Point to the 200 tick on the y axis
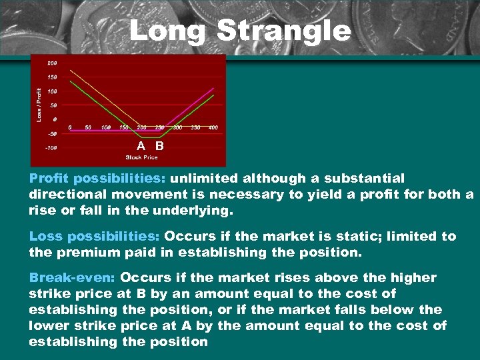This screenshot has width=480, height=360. tap(51, 63)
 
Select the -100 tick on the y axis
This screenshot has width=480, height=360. tap(50, 147)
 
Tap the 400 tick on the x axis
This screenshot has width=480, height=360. tap(213, 127)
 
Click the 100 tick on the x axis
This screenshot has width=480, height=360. tap(106, 127)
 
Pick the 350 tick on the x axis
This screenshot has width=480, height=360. tap(195, 127)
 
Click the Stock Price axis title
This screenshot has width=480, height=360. tap(141, 157)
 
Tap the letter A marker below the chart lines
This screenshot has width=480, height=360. tap(141, 145)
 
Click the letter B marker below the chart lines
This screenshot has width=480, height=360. tap(159, 145)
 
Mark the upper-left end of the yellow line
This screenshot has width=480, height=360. tap(71, 70)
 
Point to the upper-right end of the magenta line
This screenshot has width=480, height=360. tap(213, 88)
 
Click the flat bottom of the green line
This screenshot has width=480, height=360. tap(150, 137)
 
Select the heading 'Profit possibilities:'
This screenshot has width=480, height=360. tap(98, 179)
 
